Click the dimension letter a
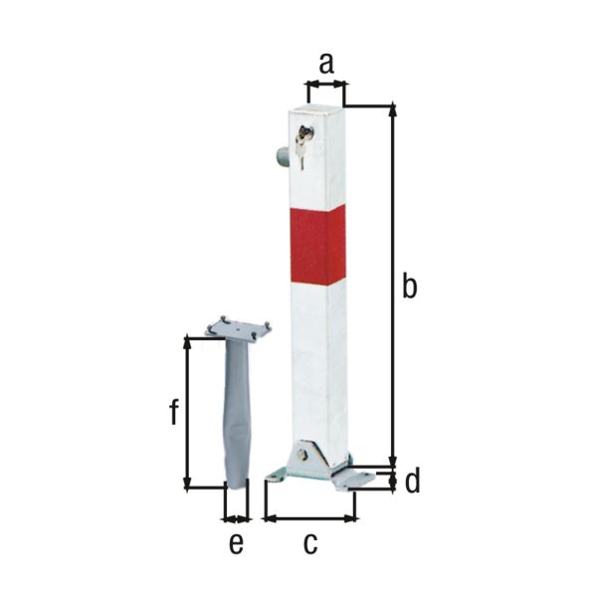click(325, 65)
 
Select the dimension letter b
click(408, 287)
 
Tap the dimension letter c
click(309, 543)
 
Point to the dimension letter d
click(412, 483)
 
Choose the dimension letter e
click(236, 543)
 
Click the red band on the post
click(318, 245)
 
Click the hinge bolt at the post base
click(302, 457)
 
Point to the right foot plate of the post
click(356, 479)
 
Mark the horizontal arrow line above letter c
click(309, 517)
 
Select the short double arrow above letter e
click(236, 518)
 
